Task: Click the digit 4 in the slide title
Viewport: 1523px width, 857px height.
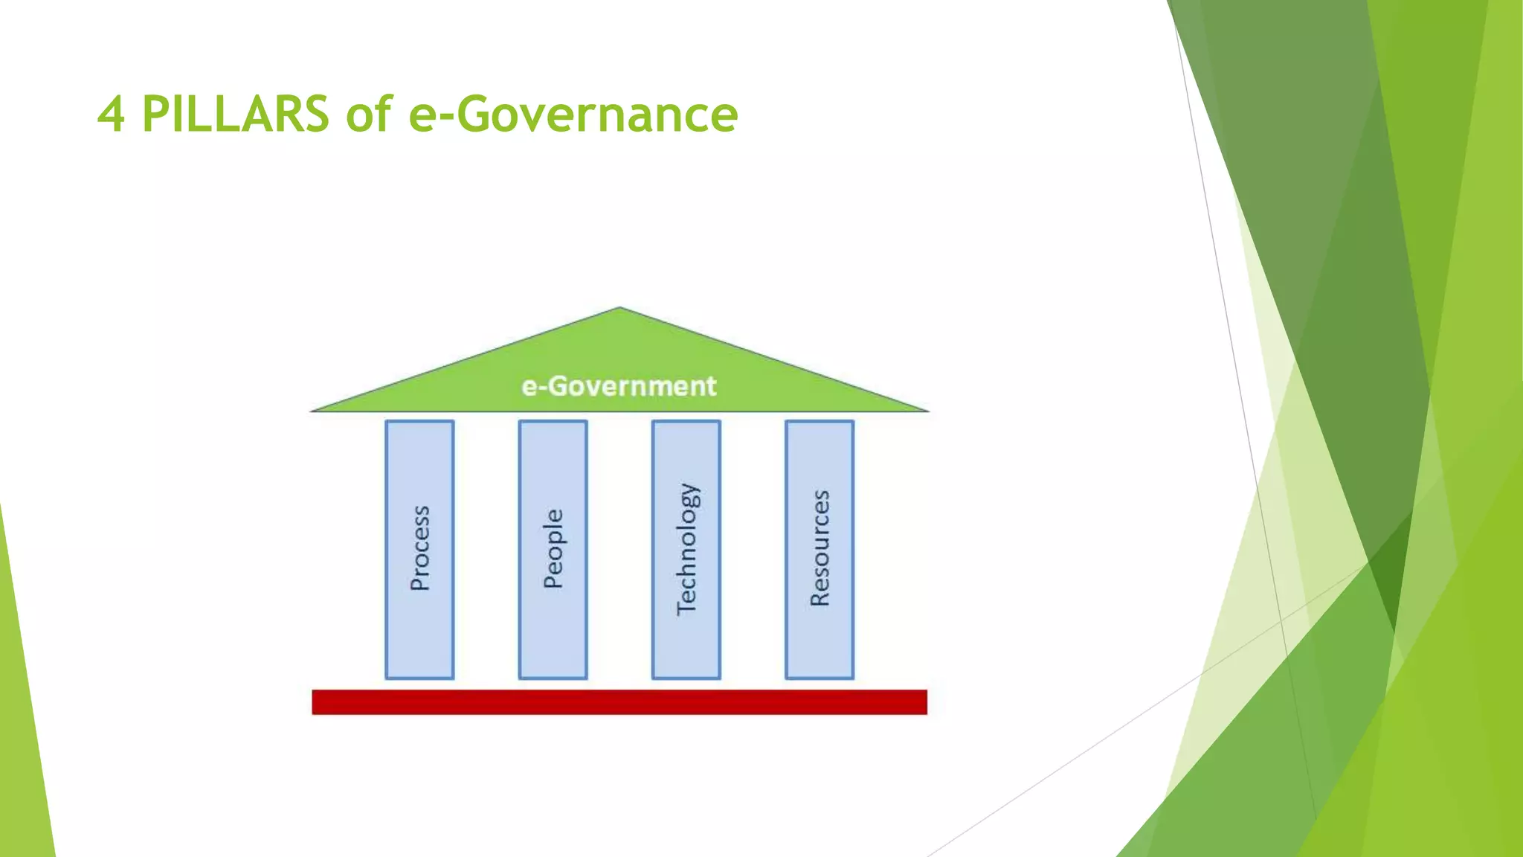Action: point(111,115)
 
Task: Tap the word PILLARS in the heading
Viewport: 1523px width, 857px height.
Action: point(235,115)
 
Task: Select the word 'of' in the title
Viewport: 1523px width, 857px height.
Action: point(369,115)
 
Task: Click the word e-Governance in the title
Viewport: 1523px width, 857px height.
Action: point(573,115)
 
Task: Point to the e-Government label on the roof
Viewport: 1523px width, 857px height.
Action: point(619,386)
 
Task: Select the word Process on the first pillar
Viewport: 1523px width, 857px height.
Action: point(420,548)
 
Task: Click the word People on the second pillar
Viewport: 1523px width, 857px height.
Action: point(553,548)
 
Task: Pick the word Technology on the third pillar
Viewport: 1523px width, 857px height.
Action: point(686,548)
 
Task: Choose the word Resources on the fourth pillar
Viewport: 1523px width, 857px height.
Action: point(820,548)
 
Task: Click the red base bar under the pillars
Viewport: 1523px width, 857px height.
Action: point(619,702)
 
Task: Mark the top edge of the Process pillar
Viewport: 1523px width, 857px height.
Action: point(420,422)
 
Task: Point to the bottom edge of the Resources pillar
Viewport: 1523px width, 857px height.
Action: point(820,678)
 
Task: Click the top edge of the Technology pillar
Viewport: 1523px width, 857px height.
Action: point(686,422)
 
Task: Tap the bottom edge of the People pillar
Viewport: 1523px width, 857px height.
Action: point(553,678)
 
